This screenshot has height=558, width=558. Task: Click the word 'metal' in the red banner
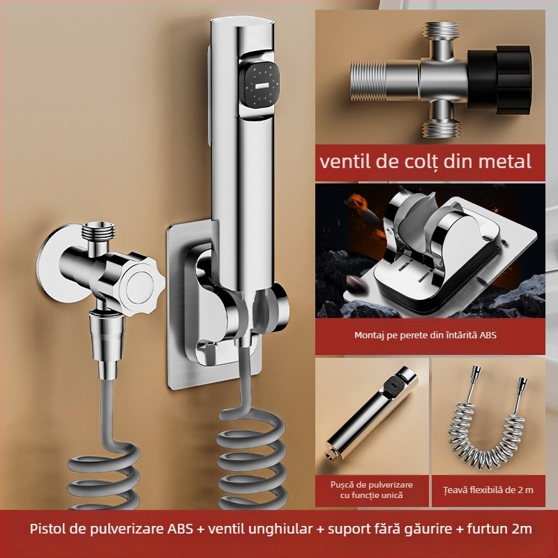(500, 161)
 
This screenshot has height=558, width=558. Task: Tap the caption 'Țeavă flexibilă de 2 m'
(493, 490)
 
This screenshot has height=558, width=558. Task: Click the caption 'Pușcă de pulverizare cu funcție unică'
(370, 489)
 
